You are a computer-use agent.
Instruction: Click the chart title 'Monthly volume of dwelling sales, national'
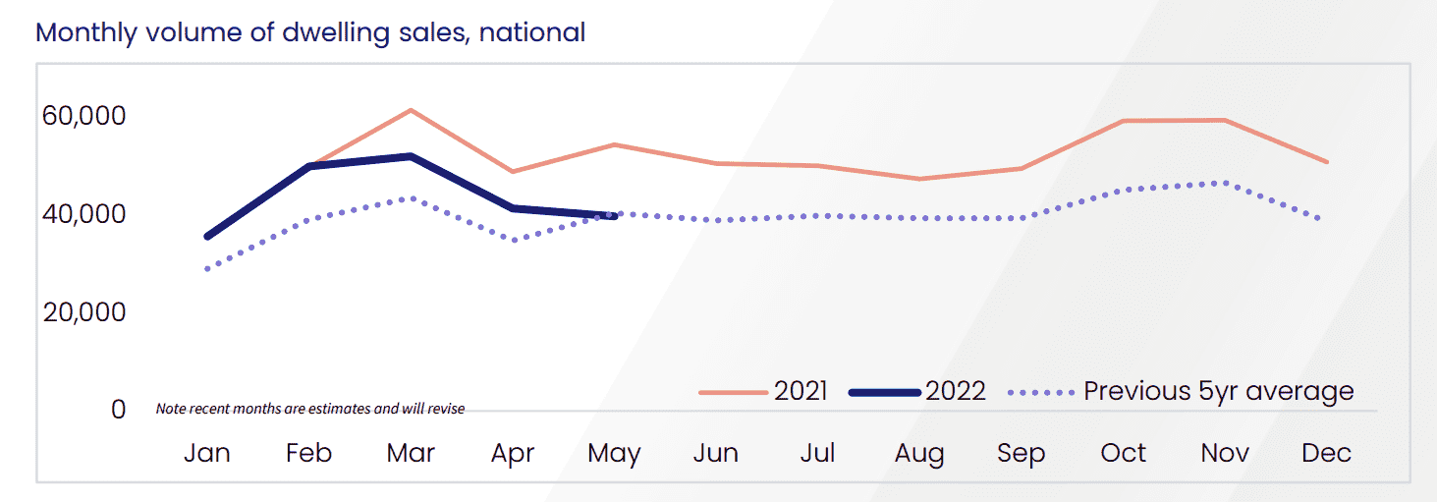(310, 32)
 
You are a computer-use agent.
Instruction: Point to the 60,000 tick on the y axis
(84, 116)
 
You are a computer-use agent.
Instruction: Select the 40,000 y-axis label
(84, 213)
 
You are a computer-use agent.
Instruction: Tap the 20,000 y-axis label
(84, 311)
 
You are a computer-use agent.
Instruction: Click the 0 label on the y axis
(118, 409)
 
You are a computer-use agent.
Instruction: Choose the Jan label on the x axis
(207, 453)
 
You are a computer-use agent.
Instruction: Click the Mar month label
(411, 453)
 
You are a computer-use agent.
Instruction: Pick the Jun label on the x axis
(715, 453)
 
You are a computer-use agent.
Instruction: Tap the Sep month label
(1021, 453)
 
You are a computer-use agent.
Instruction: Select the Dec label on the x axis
(1326, 453)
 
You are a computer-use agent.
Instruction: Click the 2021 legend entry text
(801, 391)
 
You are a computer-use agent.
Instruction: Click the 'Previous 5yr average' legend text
(1218, 391)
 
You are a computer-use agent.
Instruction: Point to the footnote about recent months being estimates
(310, 409)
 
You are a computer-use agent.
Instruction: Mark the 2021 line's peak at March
(411, 110)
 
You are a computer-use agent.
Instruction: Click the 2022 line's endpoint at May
(615, 217)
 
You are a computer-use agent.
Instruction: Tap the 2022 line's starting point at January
(207, 237)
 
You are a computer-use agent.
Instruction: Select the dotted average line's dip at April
(513, 240)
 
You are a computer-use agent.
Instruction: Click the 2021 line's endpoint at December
(1327, 162)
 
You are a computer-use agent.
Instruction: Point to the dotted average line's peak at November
(1224, 183)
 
